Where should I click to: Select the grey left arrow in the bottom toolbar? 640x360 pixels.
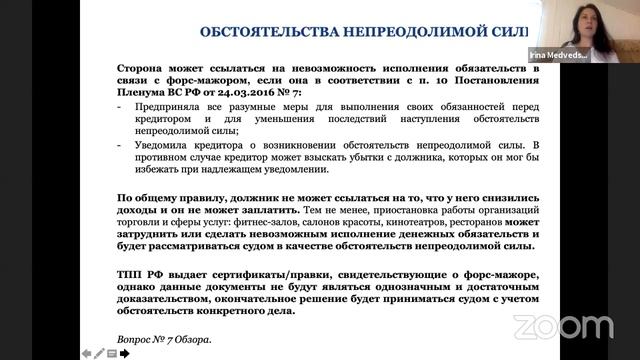point(86,353)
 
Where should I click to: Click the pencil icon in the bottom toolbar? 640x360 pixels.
point(99,353)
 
